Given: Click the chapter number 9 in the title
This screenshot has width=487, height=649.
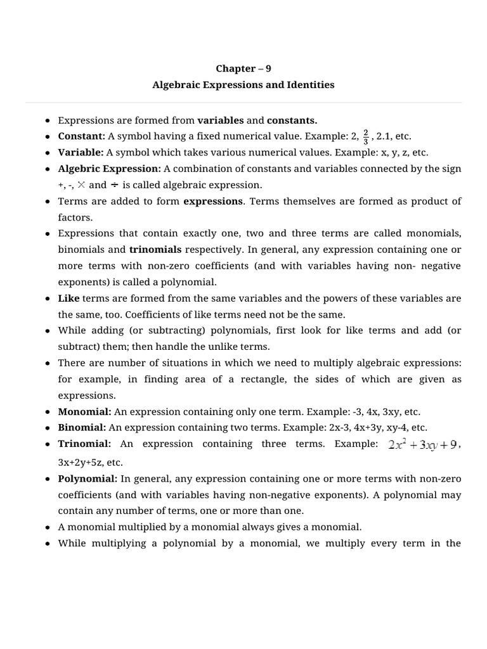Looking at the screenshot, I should [x=268, y=68].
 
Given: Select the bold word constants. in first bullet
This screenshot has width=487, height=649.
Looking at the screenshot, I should [x=292, y=120].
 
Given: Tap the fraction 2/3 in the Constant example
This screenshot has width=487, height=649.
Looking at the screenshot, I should [x=366, y=137].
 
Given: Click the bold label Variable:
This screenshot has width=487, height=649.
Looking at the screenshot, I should [x=81, y=153].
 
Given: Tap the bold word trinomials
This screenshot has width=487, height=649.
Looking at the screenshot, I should [x=155, y=249].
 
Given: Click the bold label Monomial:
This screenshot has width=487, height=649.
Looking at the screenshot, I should [x=84, y=411].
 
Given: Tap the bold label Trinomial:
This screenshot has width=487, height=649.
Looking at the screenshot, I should [x=84, y=444].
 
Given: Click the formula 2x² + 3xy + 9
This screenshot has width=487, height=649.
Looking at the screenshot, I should [x=422, y=445].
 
